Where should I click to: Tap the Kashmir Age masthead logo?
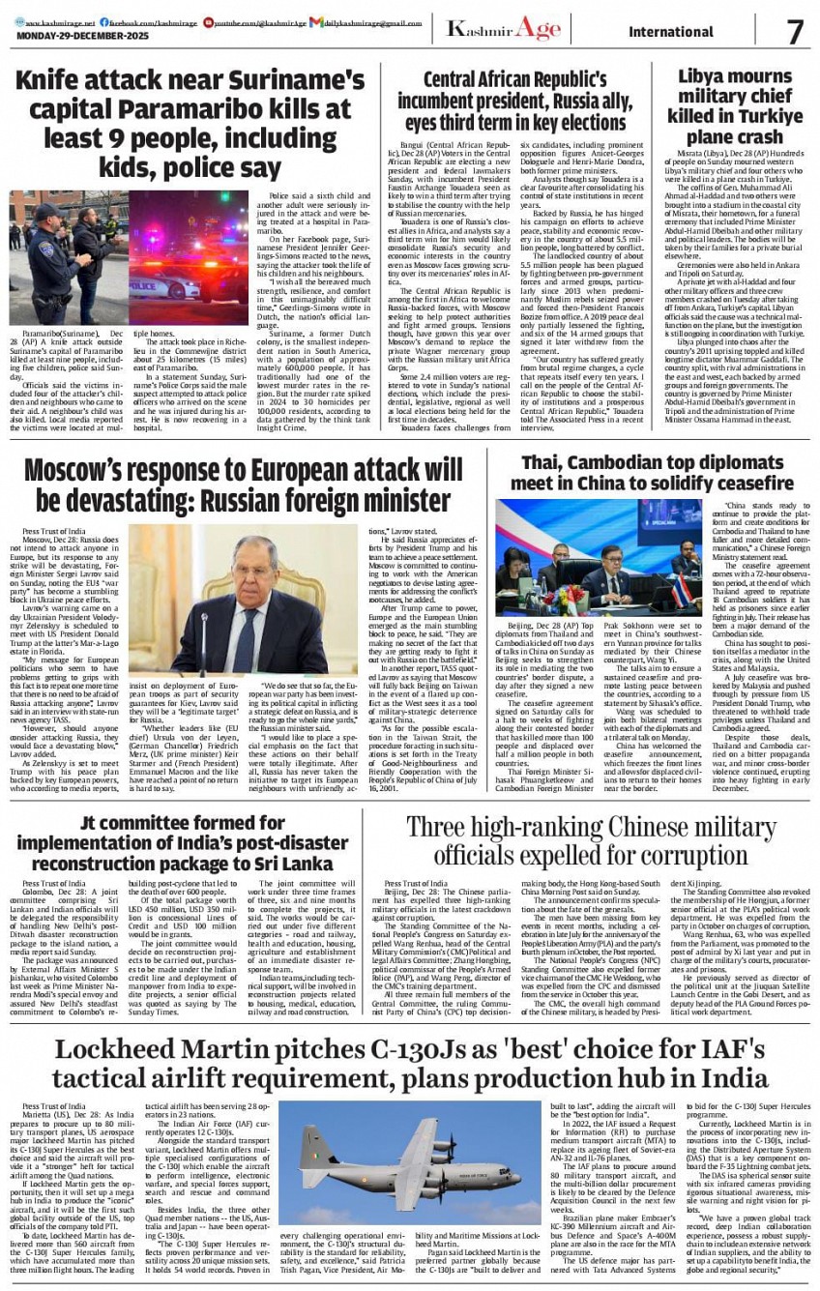(503, 29)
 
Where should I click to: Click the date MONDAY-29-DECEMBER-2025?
(74, 37)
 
